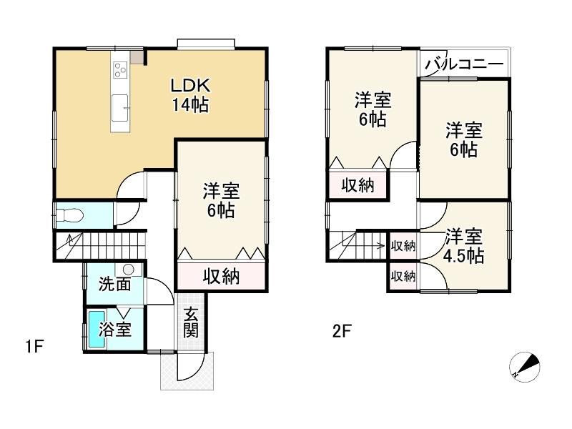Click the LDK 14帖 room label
[x=190, y=95]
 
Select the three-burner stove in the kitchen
[x=120, y=69]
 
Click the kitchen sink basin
[x=119, y=108]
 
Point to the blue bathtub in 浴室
[x=97, y=330]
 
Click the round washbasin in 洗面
[x=129, y=270]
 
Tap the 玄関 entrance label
[x=191, y=322]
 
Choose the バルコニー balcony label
[x=463, y=65]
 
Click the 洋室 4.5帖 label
[x=463, y=246]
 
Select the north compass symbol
[x=524, y=368]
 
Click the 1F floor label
[x=35, y=346]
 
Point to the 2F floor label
[x=342, y=332]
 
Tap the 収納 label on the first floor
[x=222, y=276]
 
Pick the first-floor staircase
[x=101, y=246]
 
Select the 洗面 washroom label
[x=115, y=284]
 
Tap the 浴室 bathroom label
[x=115, y=330]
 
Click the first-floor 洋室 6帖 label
[x=222, y=201]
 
